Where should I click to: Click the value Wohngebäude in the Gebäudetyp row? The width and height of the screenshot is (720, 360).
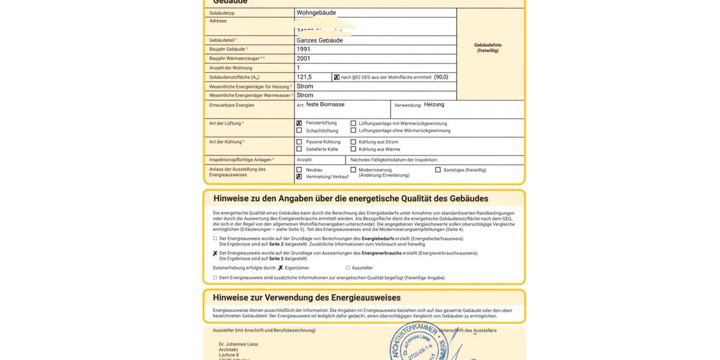pyautogui.click(x=316, y=13)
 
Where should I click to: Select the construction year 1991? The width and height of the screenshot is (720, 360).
pyautogui.click(x=303, y=49)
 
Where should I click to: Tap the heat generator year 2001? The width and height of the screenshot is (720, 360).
pyautogui.click(x=303, y=59)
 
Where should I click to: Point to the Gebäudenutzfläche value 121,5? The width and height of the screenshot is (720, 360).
pyautogui.click(x=304, y=77)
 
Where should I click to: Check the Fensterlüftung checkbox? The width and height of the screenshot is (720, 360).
pyautogui.click(x=299, y=123)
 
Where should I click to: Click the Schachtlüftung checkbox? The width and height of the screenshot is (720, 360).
pyautogui.click(x=299, y=130)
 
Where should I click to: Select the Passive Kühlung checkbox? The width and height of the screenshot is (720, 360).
pyautogui.click(x=299, y=142)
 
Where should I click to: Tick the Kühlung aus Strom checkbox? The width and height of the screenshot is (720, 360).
pyautogui.click(x=353, y=142)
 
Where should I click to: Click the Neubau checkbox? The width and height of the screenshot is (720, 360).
pyautogui.click(x=299, y=170)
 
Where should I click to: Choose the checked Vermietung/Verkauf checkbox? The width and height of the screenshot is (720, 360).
pyautogui.click(x=299, y=177)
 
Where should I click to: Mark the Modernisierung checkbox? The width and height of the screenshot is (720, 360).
pyautogui.click(x=353, y=170)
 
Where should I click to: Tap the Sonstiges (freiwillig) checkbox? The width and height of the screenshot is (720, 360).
pyautogui.click(x=438, y=170)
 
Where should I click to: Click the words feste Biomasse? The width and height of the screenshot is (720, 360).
pyautogui.click(x=325, y=104)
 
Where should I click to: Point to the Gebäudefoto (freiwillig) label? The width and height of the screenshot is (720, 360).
pyautogui.click(x=487, y=47)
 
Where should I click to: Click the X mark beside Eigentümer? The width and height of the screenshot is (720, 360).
pyautogui.click(x=280, y=268)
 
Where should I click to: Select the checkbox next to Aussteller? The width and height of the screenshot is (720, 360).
pyautogui.click(x=347, y=268)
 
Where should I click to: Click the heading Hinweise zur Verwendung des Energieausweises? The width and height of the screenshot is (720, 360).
pyautogui.click(x=307, y=298)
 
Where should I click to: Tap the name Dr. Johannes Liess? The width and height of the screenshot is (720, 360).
pyautogui.click(x=238, y=344)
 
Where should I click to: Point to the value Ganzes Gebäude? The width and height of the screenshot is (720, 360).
pyautogui.click(x=319, y=40)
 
